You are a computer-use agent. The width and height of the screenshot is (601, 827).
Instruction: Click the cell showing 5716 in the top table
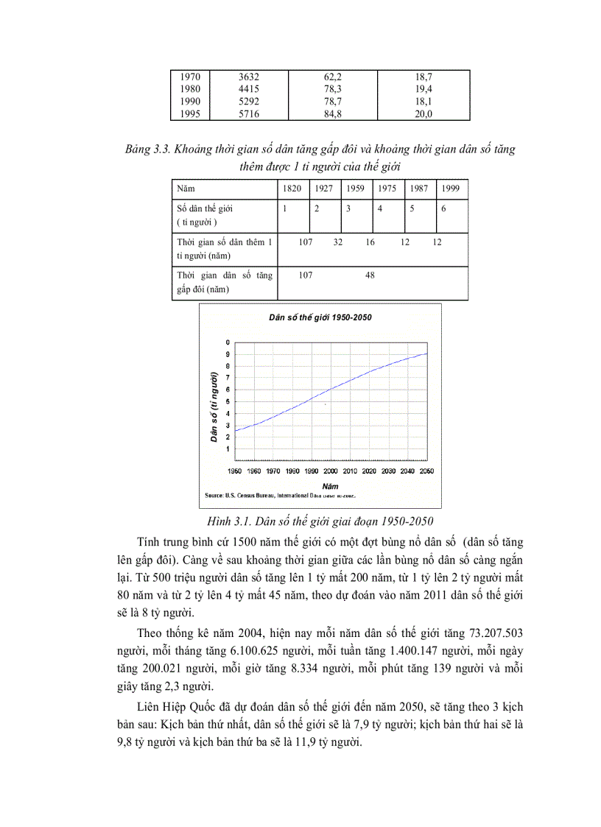(249, 113)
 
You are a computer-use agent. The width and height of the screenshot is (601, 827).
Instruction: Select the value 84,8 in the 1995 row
(332, 113)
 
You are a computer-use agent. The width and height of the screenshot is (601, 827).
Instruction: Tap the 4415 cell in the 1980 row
(249, 88)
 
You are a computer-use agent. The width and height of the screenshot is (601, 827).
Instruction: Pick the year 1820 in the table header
(292, 189)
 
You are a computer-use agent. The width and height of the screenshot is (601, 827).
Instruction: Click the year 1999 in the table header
(450, 189)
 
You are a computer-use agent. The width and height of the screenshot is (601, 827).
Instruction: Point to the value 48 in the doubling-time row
(370, 275)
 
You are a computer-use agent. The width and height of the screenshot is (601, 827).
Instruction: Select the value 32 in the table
(338, 242)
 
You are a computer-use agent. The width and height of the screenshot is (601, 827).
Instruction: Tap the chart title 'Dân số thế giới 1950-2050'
(320, 317)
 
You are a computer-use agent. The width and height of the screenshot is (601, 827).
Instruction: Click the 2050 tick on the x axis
(426, 471)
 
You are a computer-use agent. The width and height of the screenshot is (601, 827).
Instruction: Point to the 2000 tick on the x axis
(330, 471)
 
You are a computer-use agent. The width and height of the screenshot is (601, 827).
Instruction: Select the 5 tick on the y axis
(228, 401)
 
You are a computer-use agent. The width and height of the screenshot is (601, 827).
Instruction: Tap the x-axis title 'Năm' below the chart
(331, 486)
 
